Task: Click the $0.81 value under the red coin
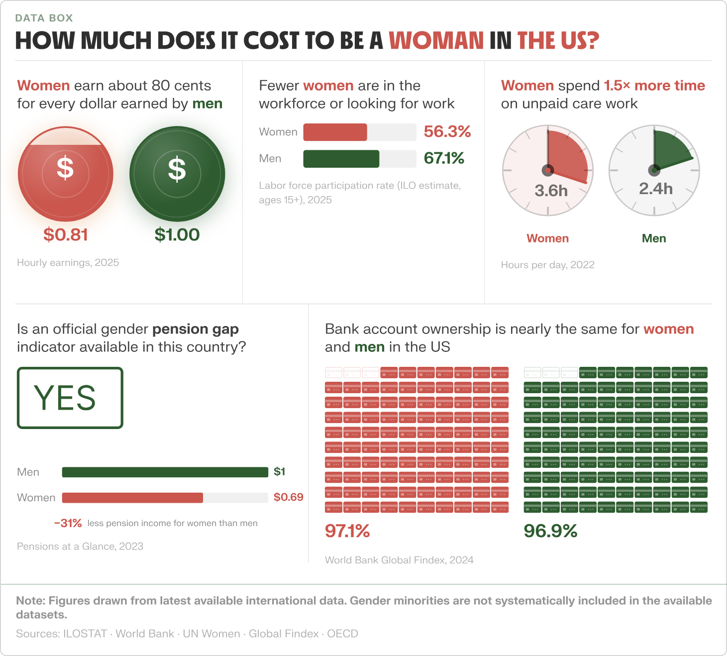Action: tap(66, 234)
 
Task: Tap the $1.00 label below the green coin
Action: tap(177, 234)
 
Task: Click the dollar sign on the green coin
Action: tap(177, 169)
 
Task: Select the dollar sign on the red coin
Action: tap(65, 168)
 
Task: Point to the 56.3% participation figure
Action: tap(447, 131)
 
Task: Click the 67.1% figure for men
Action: tap(444, 158)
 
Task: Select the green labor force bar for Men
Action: tap(341, 159)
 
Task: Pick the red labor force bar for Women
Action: tap(335, 132)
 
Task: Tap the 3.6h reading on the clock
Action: tap(551, 191)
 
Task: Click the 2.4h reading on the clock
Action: tap(656, 189)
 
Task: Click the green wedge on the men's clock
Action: tap(670, 150)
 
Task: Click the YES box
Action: tap(70, 398)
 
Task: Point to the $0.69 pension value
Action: tap(288, 497)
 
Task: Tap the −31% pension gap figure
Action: tap(68, 523)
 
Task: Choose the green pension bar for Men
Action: tap(165, 472)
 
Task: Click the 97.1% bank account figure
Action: tap(347, 531)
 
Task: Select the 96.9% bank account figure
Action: tap(550, 531)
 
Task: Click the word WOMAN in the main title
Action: tap(436, 40)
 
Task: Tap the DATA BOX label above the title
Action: tap(44, 18)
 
